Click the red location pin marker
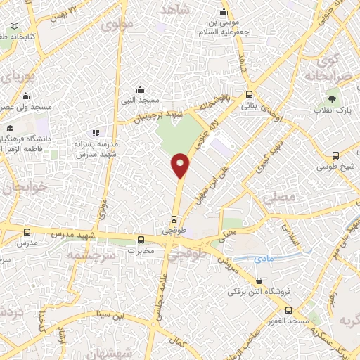pyautogui.click(x=181, y=165)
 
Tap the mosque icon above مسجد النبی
pyautogui.click(x=141, y=89)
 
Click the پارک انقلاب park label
pyautogui.click(x=333, y=110)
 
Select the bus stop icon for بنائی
pyautogui.click(x=249, y=95)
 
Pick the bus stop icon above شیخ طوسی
pyautogui.click(x=336, y=155)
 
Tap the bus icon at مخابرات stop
pyautogui.click(x=141, y=239)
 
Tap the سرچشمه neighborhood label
pyautogui.click(x=91, y=255)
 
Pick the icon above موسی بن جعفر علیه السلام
pyautogui.click(x=224, y=12)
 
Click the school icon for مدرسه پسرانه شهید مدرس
pyautogui.click(x=96, y=132)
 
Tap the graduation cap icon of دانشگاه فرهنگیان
pyautogui.click(x=11, y=128)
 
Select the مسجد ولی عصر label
pyautogui.click(x=26, y=106)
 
